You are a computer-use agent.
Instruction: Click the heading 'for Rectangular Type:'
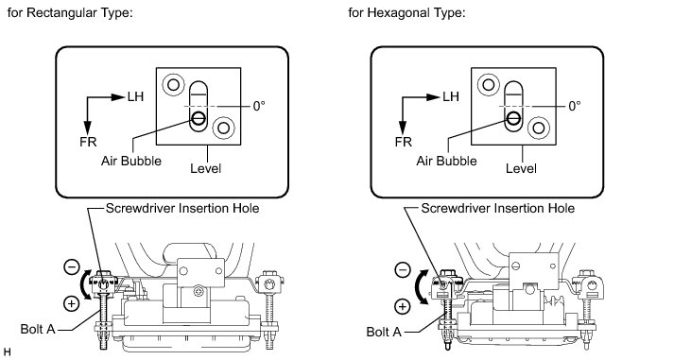pyautogui.click(x=70, y=13)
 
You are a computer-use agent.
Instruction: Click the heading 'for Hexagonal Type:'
pyautogui.click(x=406, y=13)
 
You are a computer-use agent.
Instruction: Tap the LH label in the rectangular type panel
pyautogui.click(x=135, y=96)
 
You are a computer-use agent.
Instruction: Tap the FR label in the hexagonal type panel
pyautogui.click(x=404, y=142)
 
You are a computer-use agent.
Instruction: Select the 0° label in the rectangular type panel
pyautogui.click(x=259, y=106)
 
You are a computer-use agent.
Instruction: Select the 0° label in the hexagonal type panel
pyautogui.click(x=575, y=106)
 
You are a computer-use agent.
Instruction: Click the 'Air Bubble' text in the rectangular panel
pyautogui.click(x=131, y=161)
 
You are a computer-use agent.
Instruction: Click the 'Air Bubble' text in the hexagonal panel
pyautogui.click(x=446, y=161)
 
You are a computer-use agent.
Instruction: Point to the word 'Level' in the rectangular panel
pyautogui.click(x=206, y=168)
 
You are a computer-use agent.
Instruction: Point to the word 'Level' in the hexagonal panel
pyautogui.click(x=521, y=168)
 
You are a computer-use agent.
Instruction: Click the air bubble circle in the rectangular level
pyautogui.click(x=199, y=117)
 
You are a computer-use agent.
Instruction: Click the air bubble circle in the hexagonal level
pyautogui.click(x=513, y=117)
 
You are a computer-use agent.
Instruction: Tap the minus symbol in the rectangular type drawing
pyautogui.click(x=72, y=266)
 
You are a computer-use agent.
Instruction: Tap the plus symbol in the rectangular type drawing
pyautogui.click(x=71, y=303)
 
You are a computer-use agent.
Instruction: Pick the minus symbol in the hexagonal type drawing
pyautogui.click(x=403, y=270)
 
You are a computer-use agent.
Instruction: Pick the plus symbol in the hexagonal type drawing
pyautogui.click(x=403, y=306)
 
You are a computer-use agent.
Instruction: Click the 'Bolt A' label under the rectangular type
pyautogui.click(x=38, y=329)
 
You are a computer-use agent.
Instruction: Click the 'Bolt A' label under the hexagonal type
pyautogui.click(x=384, y=332)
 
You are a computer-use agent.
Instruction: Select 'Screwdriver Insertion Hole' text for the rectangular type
pyautogui.click(x=182, y=209)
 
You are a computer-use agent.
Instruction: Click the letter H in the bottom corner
pyautogui.click(x=7, y=352)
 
